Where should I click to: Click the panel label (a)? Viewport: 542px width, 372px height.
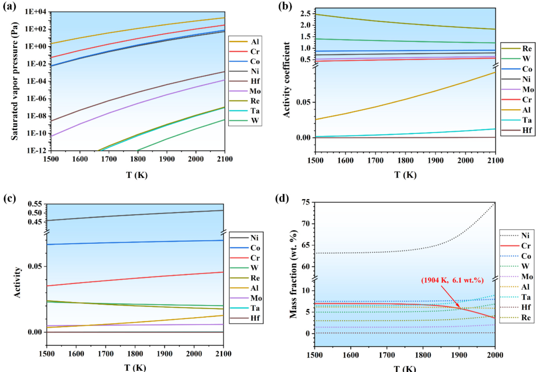click(x=10, y=7)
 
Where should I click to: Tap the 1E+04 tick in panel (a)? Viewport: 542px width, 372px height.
click(x=35, y=12)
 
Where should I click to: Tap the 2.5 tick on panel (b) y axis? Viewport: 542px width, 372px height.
click(x=305, y=14)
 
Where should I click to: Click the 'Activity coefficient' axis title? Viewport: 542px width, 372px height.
click(x=287, y=80)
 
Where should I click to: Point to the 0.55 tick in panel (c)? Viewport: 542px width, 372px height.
click(x=35, y=204)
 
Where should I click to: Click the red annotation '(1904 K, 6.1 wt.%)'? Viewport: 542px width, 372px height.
click(x=452, y=280)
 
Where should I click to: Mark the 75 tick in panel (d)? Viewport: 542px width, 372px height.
click(x=305, y=203)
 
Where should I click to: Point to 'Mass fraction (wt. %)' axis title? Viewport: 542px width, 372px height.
click(x=294, y=274)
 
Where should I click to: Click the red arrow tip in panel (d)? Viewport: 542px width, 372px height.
click(x=460, y=309)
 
